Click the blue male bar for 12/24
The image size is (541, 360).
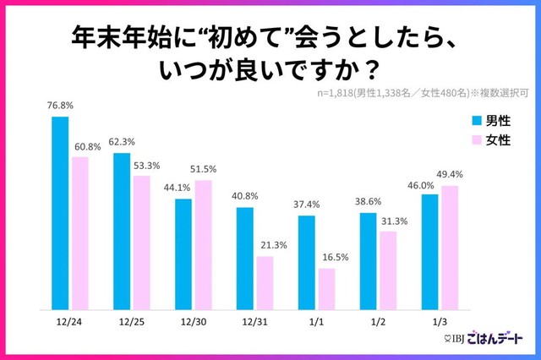click(60, 213)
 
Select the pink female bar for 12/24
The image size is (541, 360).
click(80, 233)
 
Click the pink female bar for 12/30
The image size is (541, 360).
click(204, 245)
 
